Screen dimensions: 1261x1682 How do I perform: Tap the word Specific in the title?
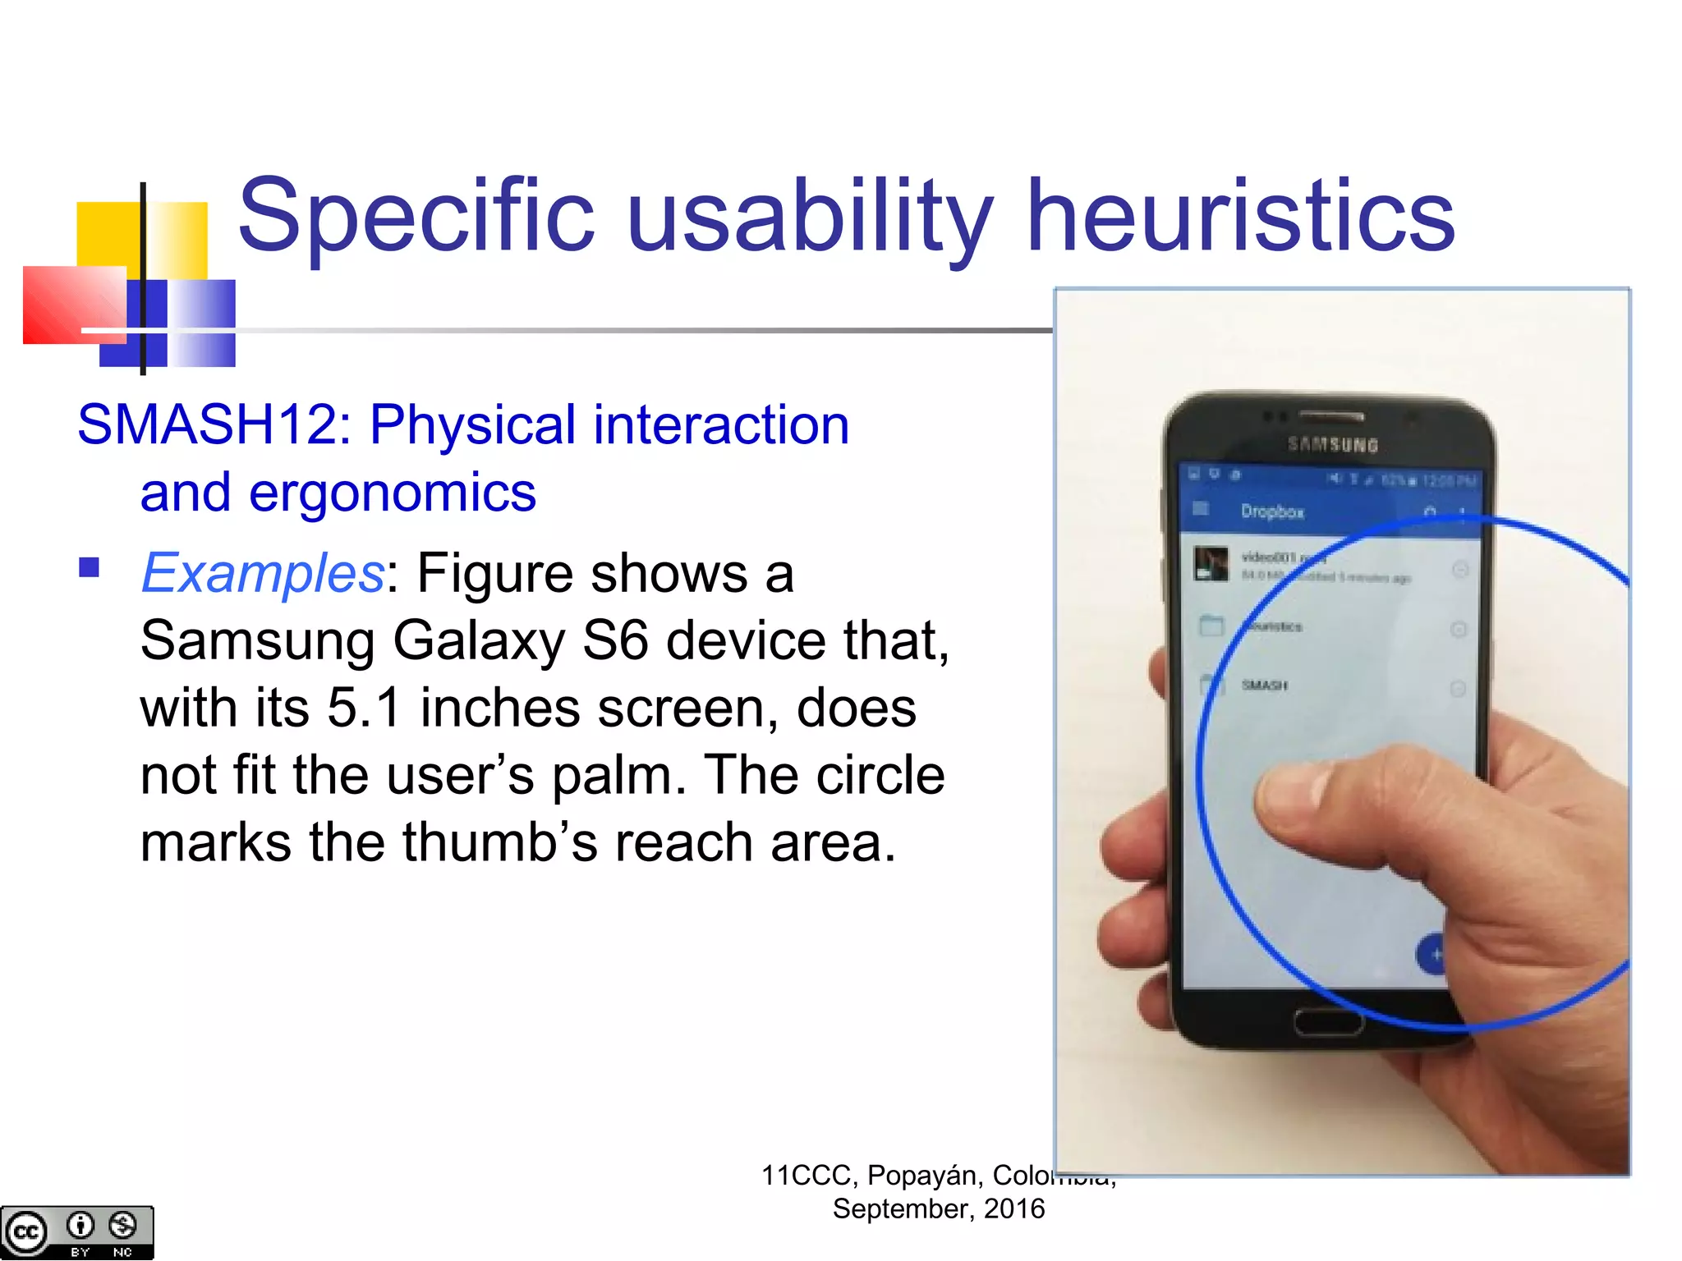[416, 215]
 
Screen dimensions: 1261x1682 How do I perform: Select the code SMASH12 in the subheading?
[214, 424]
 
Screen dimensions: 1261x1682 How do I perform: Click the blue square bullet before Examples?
[89, 567]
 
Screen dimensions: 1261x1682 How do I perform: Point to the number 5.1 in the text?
[364, 707]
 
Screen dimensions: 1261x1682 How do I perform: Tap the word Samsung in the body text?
[257, 640]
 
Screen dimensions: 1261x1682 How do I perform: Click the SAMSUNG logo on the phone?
[1332, 444]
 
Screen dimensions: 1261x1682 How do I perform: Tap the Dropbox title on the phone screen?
[1272, 511]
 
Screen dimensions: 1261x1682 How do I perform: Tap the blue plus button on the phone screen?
[1433, 955]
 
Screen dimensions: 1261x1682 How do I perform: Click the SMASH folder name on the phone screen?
[1265, 685]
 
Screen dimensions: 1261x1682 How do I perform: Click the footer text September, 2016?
[938, 1208]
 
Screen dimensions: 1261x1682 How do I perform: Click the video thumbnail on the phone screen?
[1211, 563]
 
